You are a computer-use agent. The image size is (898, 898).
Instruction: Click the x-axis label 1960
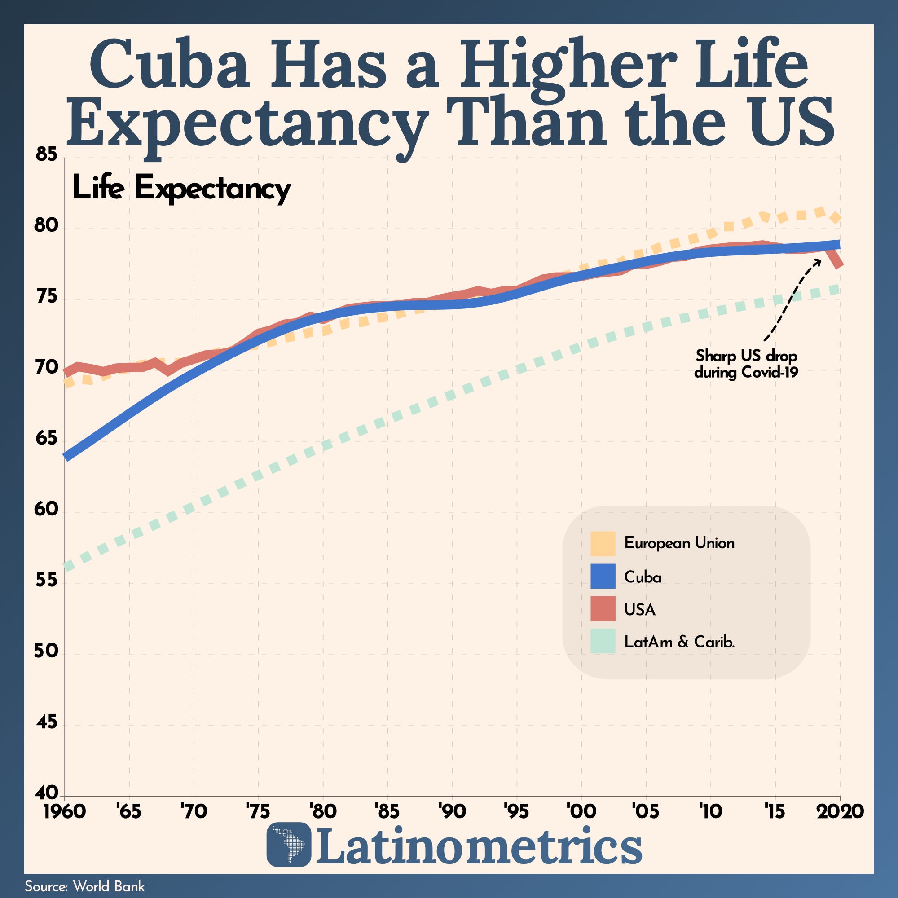pos(65,811)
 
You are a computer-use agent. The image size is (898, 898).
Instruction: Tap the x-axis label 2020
pos(840,811)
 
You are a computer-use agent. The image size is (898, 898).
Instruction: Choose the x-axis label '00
pos(581,811)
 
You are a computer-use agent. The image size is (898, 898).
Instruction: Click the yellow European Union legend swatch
pos(603,543)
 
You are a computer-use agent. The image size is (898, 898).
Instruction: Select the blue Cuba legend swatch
pos(603,577)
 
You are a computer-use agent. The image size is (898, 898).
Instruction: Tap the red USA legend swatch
pos(603,609)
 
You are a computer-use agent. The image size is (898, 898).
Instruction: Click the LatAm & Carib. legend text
pos(679,642)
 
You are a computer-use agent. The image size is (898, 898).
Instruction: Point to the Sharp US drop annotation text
pos(746,364)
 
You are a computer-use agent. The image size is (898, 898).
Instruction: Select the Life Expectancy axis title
pos(181,188)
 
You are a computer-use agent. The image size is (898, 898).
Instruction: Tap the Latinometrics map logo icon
pos(289,845)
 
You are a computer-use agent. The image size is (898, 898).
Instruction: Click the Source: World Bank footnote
pos(84,886)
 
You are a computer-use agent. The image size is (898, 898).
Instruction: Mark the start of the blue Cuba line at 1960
pos(67,457)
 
